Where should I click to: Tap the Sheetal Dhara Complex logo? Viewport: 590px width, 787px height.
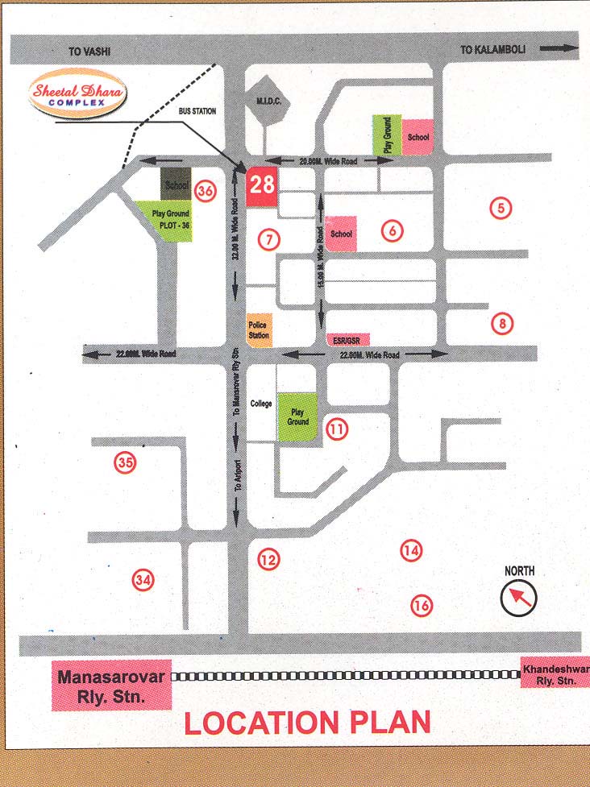coord(77,95)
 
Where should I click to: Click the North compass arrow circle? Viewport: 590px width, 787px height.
coord(518,598)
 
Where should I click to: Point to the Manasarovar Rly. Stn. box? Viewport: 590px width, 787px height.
coord(112,686)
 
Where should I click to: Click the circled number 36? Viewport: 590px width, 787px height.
coord(206,192)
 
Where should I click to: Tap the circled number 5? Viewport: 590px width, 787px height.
coord(501,208)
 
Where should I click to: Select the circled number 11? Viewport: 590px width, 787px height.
coord(337,430)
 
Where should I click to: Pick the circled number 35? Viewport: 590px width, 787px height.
coord(125,462)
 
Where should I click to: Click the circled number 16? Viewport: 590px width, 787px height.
coord(421,605)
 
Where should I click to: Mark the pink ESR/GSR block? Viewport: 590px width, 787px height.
coord(348,340)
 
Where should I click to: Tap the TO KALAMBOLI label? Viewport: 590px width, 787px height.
coord(492,50)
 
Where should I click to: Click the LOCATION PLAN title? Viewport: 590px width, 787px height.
coord(307,723)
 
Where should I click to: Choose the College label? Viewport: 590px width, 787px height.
coord(262,403)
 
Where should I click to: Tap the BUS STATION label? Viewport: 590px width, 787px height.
coord(197,111)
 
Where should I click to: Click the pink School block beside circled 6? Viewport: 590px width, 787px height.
coord(342,234)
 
